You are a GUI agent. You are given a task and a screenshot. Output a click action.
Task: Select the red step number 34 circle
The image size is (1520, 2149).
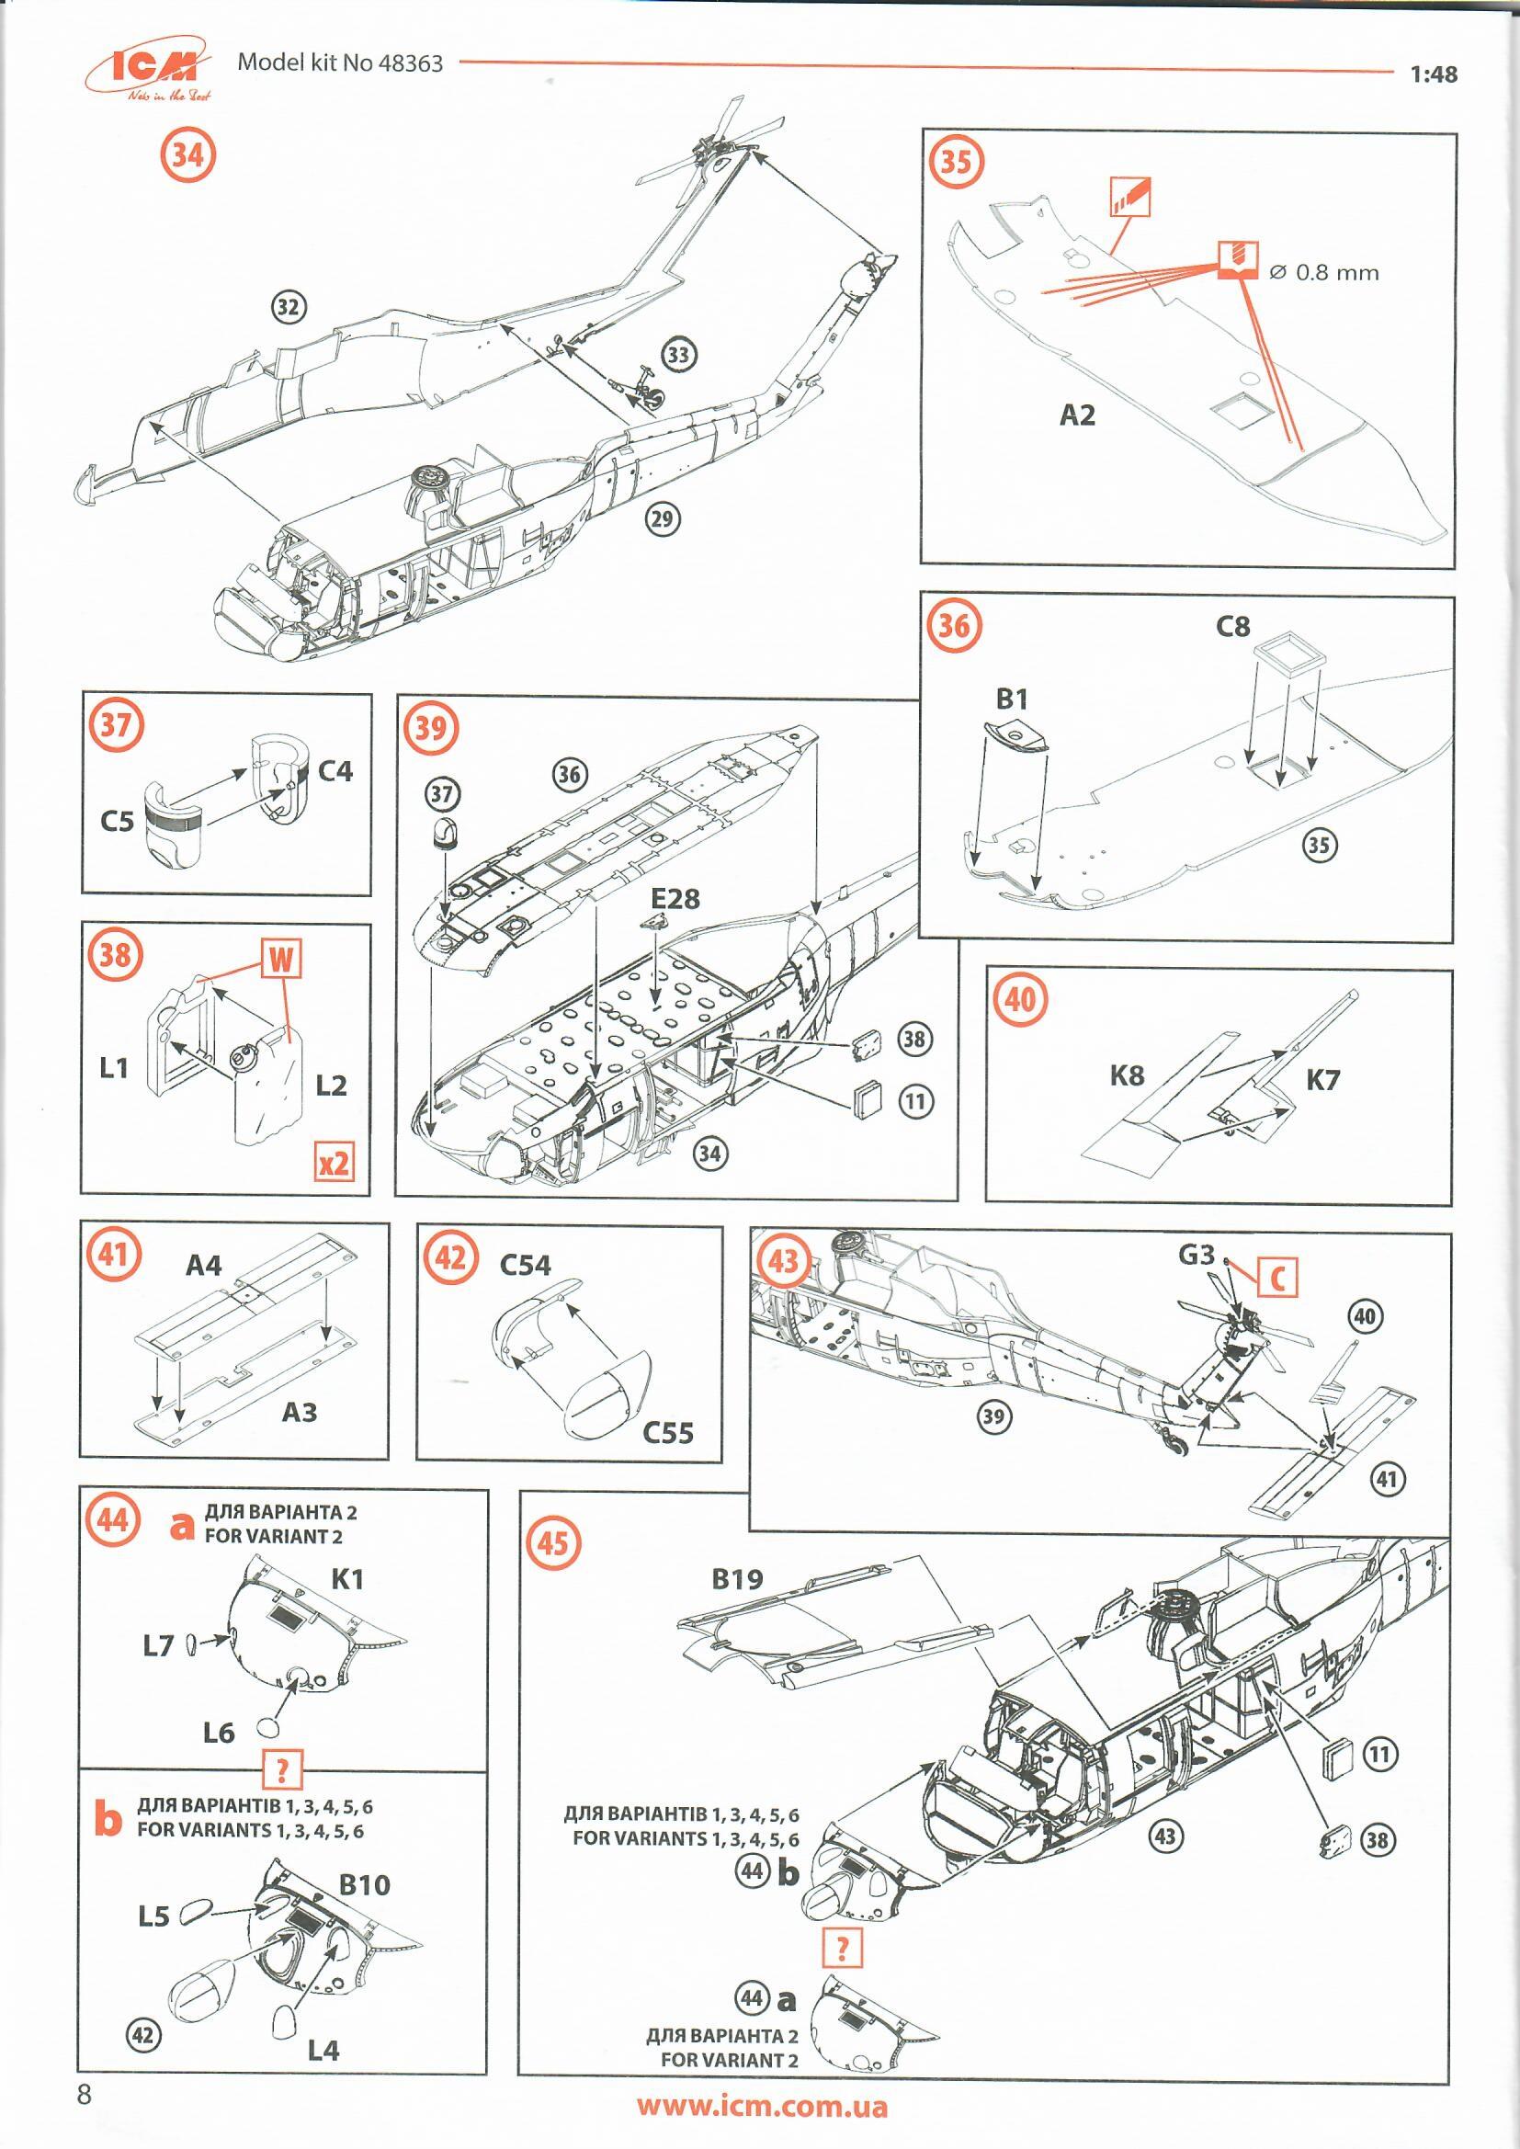point(187,155)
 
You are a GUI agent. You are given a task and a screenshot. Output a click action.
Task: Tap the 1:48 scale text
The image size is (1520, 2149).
point(1433,74)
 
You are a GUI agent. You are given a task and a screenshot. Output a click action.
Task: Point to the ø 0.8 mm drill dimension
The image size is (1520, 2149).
point(1323,272)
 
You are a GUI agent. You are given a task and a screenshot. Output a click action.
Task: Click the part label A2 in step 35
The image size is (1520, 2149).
point(1077,415)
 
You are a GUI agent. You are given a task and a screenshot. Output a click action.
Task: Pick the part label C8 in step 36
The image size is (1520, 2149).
point(1232,626)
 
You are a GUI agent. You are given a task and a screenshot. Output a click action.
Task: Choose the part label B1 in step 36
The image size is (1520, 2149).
point(1012,699)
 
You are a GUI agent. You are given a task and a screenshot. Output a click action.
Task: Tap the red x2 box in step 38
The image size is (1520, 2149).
point(335,1162)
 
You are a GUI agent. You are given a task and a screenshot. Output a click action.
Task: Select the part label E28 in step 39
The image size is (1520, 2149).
point(675,899)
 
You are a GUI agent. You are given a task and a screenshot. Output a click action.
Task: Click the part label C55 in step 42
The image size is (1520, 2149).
point(668,1432)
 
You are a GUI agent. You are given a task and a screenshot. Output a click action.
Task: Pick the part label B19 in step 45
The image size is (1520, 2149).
point(737,1579)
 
